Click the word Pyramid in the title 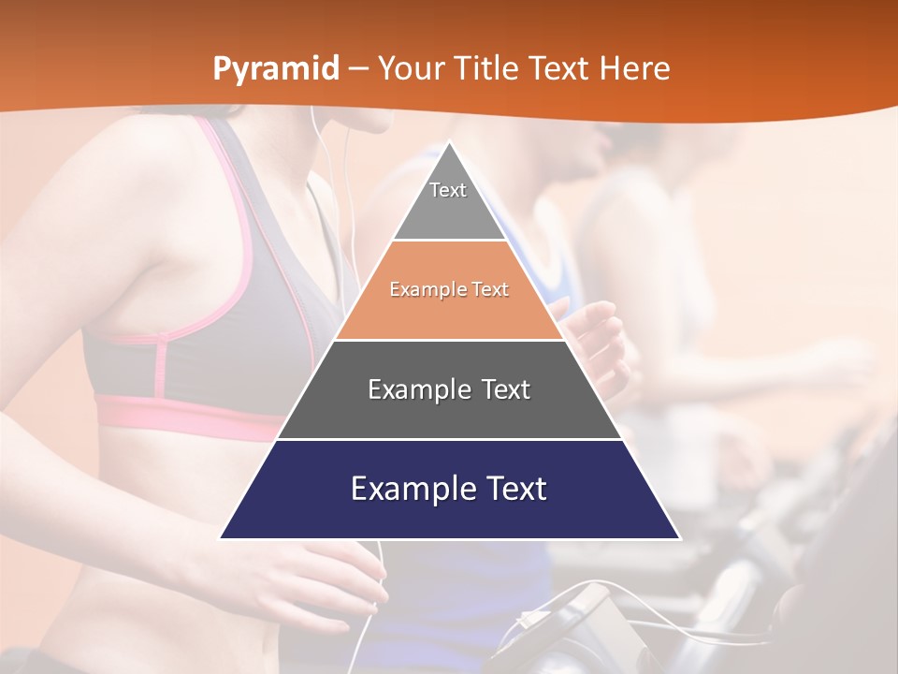pos(276,69)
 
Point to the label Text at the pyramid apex pos(448,190)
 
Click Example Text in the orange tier pos(449,290)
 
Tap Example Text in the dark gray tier pos(449,389)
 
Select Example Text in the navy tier pos(449,489)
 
